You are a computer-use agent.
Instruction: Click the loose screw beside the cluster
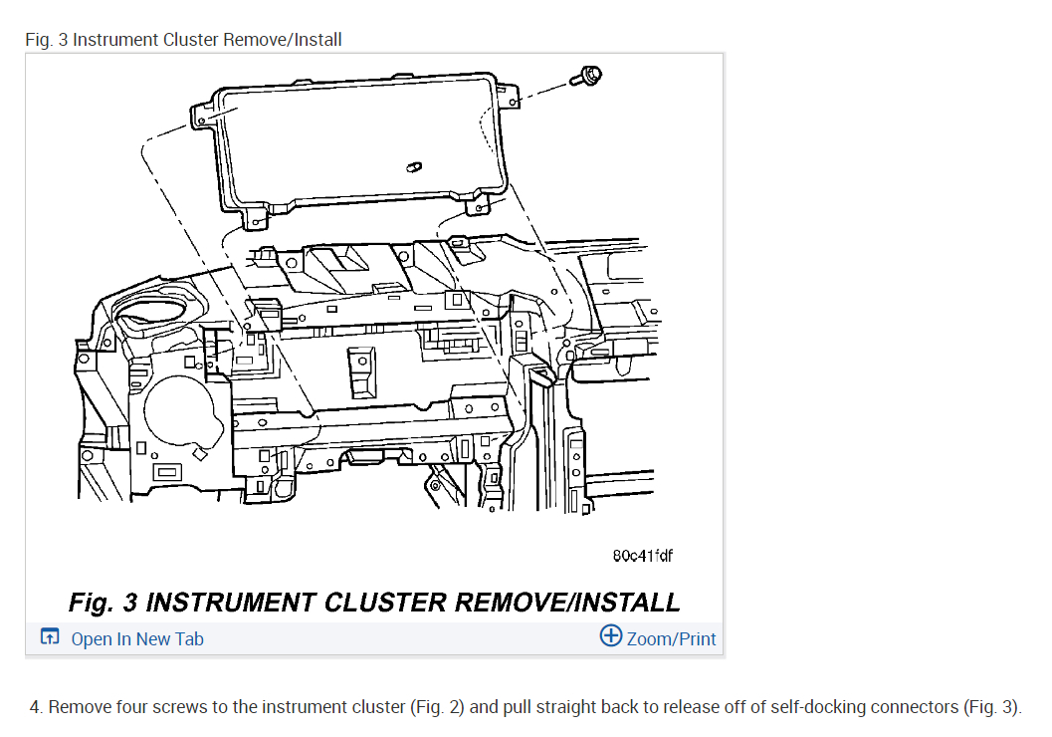point(589,75)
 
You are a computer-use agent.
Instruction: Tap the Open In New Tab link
point(136,639)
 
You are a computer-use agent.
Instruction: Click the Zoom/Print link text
point(671,639)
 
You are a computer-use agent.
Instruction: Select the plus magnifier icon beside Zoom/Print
point(610,636)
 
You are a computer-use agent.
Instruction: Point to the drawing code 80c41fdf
point(642,556)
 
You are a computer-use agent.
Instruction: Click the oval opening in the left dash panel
point(155,317)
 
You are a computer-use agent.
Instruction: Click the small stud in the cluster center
point(413,166)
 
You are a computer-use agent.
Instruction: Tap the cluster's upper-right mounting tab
point(512,96)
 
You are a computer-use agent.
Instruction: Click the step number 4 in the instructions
point(36,708)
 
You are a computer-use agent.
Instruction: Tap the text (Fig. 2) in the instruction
point(436,708)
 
